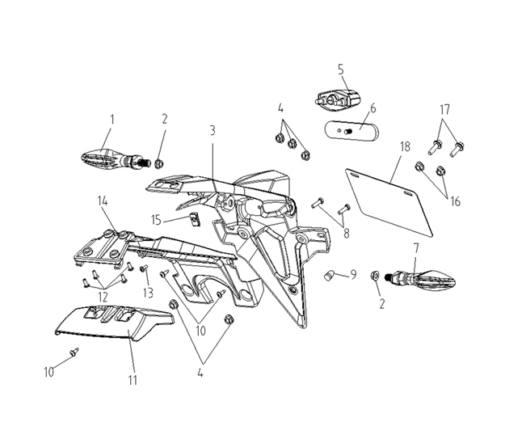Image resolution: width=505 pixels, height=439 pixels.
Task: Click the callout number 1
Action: point(112,119)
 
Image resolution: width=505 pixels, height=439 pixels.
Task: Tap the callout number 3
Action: point(212,129)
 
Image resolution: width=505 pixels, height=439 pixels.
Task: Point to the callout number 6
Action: point(372,108)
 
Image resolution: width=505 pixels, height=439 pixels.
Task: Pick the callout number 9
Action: point(352,276)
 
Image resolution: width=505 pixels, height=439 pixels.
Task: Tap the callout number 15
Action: point(156,219)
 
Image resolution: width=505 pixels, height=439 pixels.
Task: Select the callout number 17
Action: point(444,109)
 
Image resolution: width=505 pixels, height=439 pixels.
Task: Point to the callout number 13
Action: point(148,292)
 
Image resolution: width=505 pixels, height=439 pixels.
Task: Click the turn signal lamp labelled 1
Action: point(109,156)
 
